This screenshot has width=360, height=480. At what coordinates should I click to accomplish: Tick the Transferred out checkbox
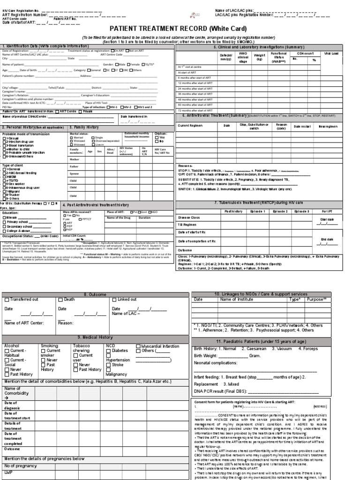coord(7,300)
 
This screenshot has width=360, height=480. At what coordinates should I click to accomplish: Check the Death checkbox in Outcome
coord(60,300)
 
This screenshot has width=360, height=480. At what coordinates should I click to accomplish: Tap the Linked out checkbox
coord(114,300)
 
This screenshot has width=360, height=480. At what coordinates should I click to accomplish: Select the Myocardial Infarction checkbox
coord(138,346)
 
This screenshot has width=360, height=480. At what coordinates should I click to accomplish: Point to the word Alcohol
coord(12,346)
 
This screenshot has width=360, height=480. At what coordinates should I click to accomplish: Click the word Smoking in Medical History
coord(50,346)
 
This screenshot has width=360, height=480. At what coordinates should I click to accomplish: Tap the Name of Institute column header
coord(237,299)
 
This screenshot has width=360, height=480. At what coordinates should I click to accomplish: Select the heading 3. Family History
coord(84,127)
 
